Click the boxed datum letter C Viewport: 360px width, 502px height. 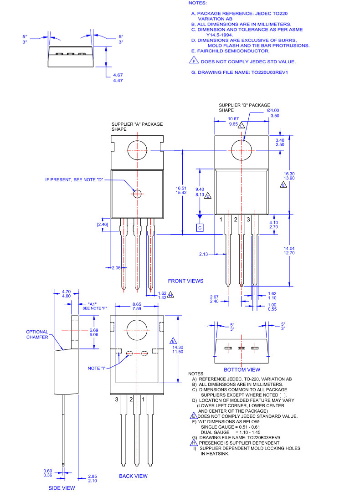click(x=200, y=227)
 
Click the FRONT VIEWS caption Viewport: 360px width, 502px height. click(x=185, y=281)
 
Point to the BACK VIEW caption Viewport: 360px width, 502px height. click(x=133, y=476)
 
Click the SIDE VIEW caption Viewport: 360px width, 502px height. click(x=62, y=488)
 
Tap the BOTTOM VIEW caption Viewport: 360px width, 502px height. click(x=242, y=369)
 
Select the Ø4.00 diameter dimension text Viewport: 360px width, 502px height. click(x=273, y=110)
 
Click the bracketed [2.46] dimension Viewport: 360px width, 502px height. click(x=103, y=224)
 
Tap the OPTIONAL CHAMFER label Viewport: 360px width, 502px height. click(x=37, y=334)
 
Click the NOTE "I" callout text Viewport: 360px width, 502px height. click(x=97, y=368)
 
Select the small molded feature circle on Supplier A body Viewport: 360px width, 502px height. click(x=137, y=193)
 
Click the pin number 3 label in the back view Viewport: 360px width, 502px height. click(x=117, y=400)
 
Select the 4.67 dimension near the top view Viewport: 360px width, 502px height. click(x=118, y=75)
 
